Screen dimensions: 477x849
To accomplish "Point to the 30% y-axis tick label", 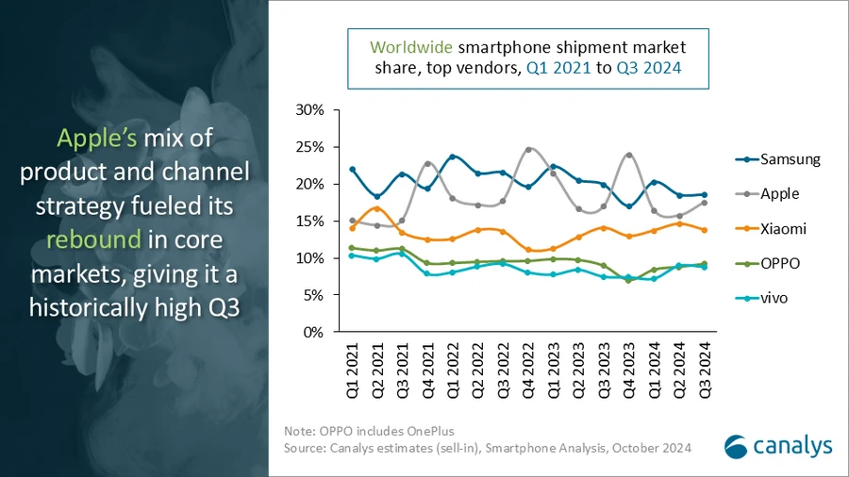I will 309,110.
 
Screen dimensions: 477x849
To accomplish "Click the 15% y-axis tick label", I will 309,222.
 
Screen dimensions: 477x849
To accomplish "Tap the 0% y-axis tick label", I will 314,333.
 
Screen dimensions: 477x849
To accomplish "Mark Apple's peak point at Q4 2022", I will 528,150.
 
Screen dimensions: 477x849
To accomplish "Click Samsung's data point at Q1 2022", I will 453,156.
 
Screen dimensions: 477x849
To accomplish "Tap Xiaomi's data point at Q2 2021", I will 377,208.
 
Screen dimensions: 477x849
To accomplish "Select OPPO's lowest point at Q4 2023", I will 629,280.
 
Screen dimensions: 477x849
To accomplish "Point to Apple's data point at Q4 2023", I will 629,156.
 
